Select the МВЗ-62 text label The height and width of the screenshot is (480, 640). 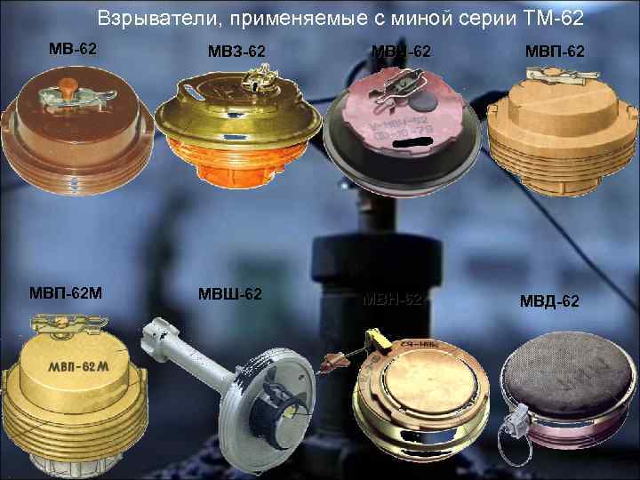[x=232, y=52]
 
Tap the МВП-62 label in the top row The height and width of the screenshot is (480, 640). [x=553, y=52]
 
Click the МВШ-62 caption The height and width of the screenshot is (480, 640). [x=230, y=294]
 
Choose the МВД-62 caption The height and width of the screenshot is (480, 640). [x=549, y=301]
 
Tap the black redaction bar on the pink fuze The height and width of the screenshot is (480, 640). [x=412, y=143]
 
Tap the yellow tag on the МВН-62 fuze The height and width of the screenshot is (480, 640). [x=374, y=339]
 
